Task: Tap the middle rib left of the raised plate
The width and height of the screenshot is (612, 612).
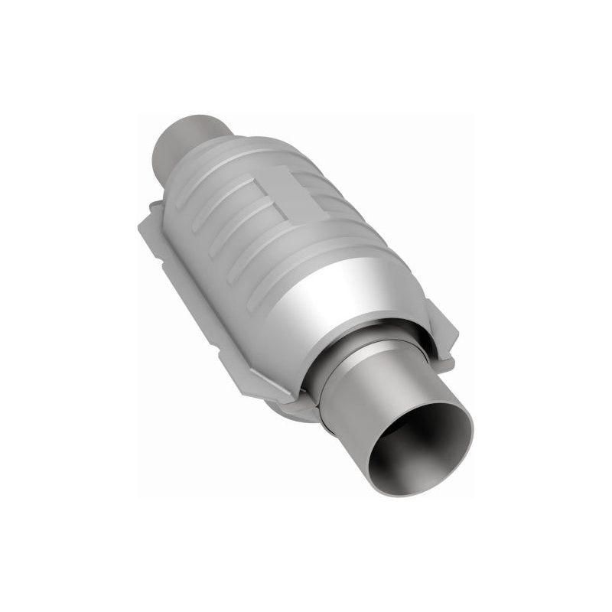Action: coord(229,222)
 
